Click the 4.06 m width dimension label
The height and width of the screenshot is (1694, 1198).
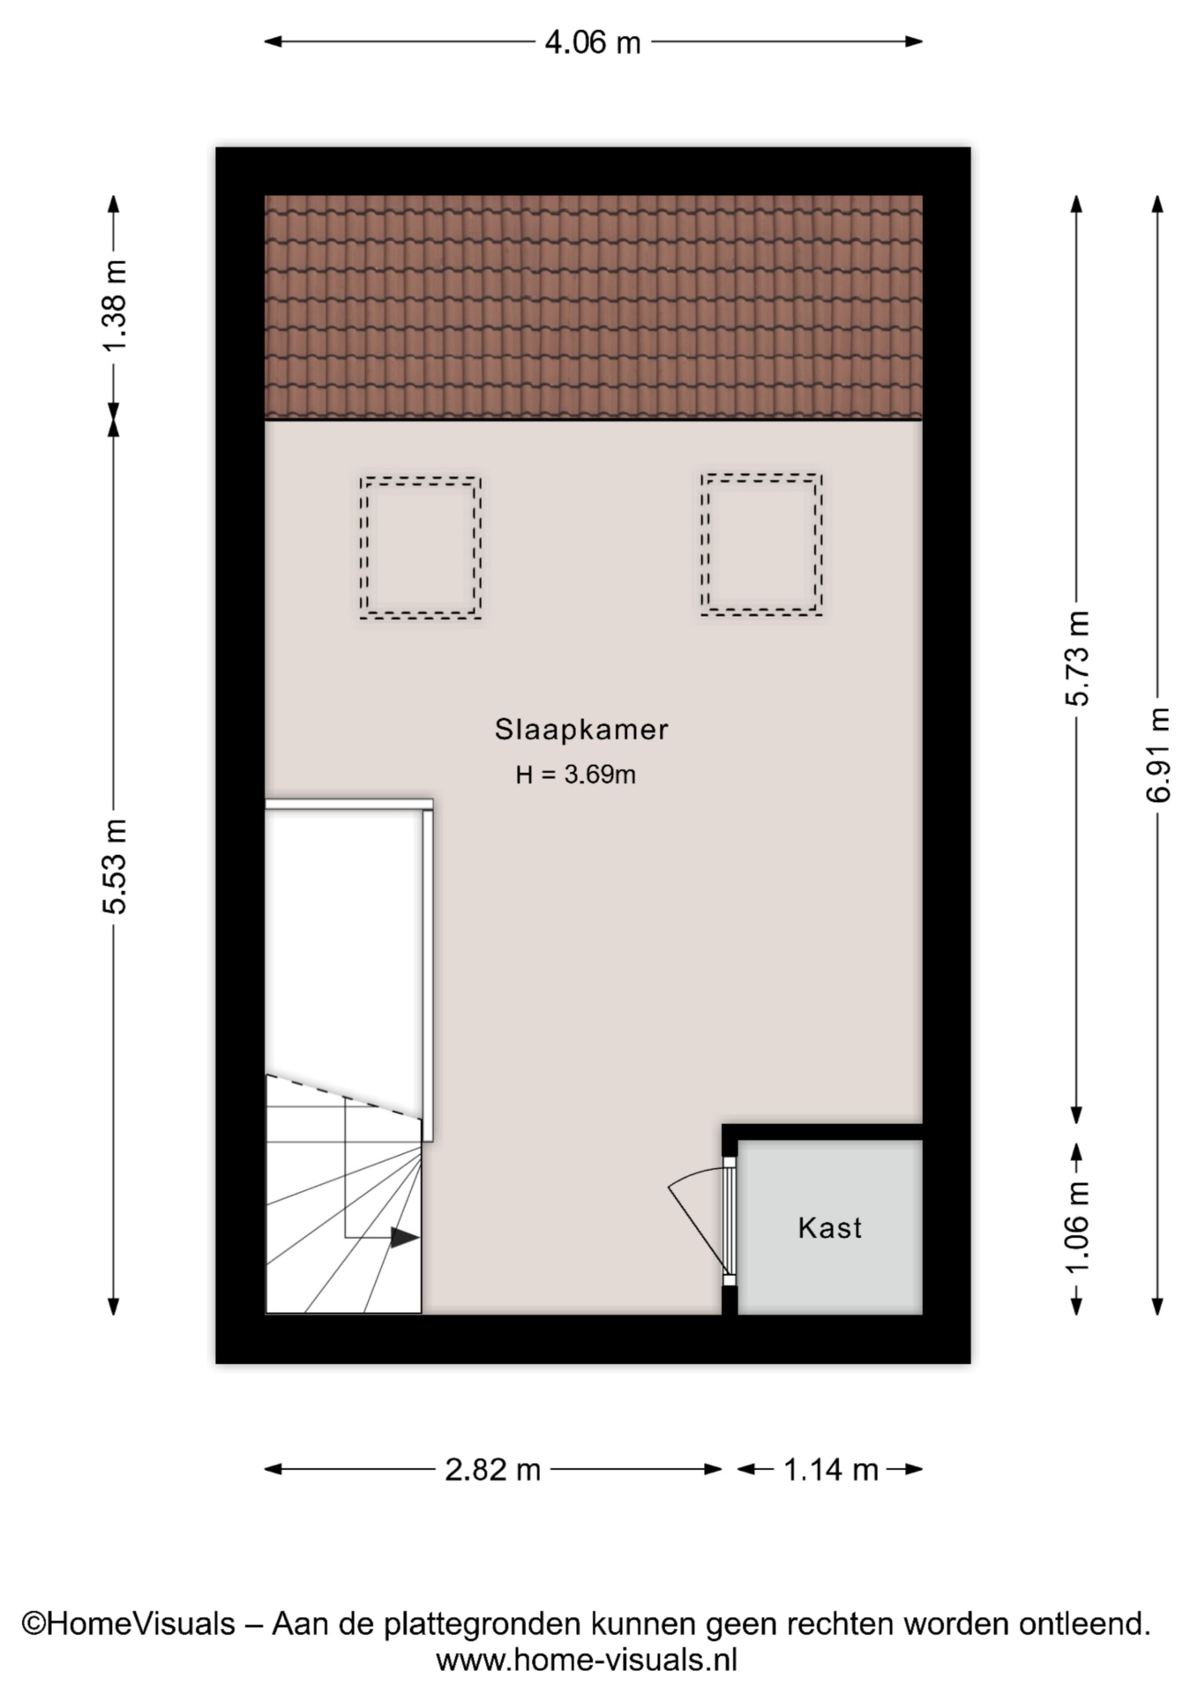593,42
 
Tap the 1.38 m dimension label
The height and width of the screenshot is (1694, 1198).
116,305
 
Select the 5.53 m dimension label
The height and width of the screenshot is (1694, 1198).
116,866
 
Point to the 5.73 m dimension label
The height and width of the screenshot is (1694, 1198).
1078,658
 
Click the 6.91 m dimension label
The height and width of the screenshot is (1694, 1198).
1158,755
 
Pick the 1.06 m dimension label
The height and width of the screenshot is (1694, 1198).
1078,1228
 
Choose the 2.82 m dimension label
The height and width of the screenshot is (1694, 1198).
492,1470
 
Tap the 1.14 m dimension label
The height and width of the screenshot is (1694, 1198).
831,1470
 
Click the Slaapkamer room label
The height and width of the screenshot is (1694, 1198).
580,730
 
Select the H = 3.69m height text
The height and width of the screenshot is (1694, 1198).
575,775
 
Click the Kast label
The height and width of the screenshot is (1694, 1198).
829,1228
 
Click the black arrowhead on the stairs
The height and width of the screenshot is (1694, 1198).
405,1238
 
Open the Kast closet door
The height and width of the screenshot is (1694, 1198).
729,1222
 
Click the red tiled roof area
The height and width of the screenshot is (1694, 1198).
594,307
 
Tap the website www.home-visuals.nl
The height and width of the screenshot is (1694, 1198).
587,1660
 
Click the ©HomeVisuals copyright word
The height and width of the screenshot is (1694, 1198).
129,1623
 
